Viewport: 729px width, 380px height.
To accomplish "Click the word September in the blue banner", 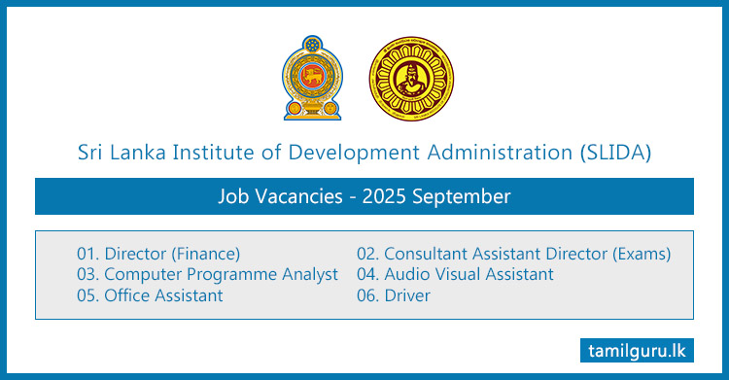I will (x=462, y=196).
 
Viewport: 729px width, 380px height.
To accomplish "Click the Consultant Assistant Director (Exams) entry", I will (x=514, y=254).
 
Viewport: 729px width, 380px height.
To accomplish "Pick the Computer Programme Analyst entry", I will (x=207, y=274).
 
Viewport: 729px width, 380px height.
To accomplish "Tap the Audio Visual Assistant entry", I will (x=455, y=274).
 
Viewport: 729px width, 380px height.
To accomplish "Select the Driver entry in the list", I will (x=394, y=294).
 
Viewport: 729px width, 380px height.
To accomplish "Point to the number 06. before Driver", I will (x=367, y=294).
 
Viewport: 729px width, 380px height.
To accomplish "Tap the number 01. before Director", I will (x=88, y=254).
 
